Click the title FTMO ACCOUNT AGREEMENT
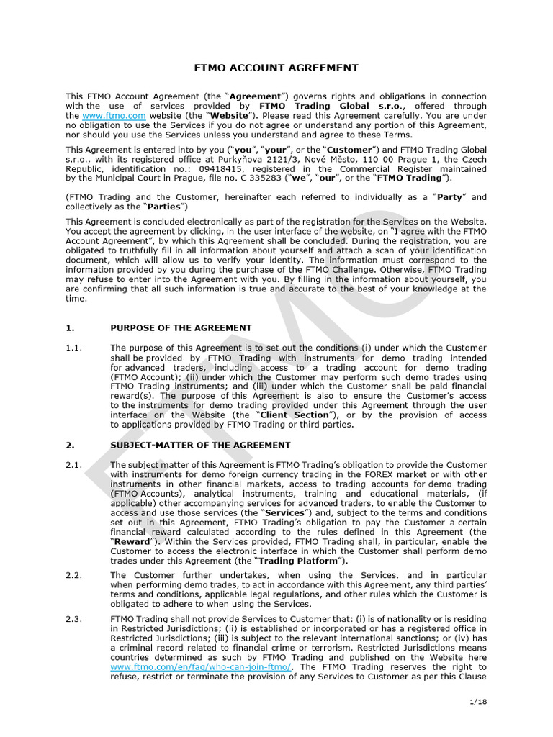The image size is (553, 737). tap(276, 68)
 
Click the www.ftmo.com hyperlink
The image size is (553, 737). tap(114, 115)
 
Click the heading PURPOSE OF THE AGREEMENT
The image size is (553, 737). tap(181, 327)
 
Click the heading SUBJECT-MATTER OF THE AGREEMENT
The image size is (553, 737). tap(200, 445)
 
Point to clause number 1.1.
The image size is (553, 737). tap(74, 348)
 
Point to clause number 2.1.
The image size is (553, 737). tap(74, 465)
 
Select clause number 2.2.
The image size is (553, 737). tap(74, 575)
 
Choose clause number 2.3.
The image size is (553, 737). tap(74, 618)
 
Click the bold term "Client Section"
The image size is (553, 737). tap(295, 415)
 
